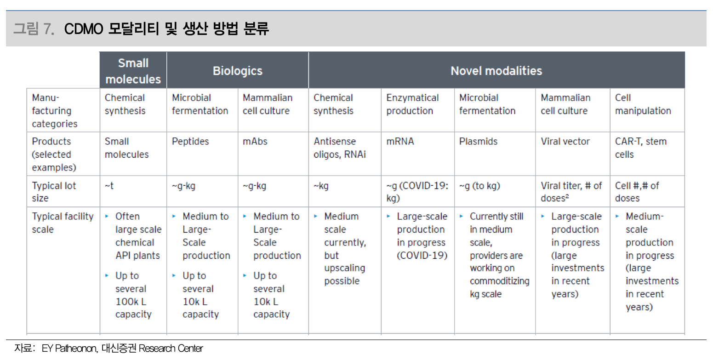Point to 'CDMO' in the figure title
coord(83,29)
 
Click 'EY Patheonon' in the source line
coord(69,349)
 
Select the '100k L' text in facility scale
coord(131,302)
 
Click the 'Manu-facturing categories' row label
coord(54,110)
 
